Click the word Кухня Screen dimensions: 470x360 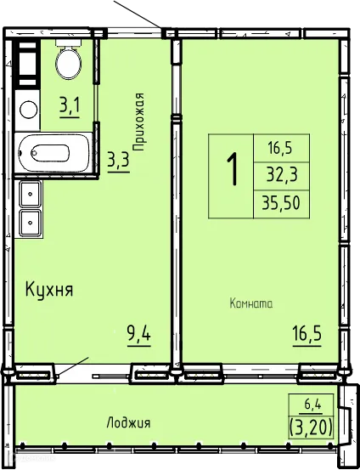click(x=48, y=289)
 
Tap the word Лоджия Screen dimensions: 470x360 click(x=129, y=422)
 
